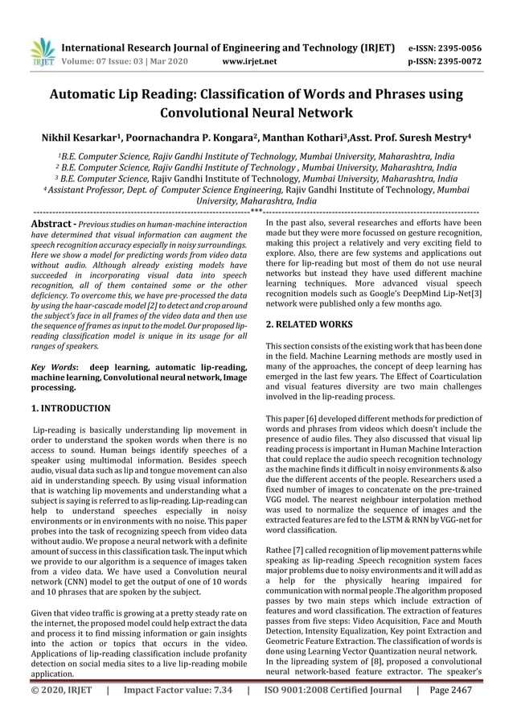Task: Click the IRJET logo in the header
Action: tap(40, 49)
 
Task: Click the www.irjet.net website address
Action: tap(249, 60)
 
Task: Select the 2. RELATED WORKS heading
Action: tap(308, 324)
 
